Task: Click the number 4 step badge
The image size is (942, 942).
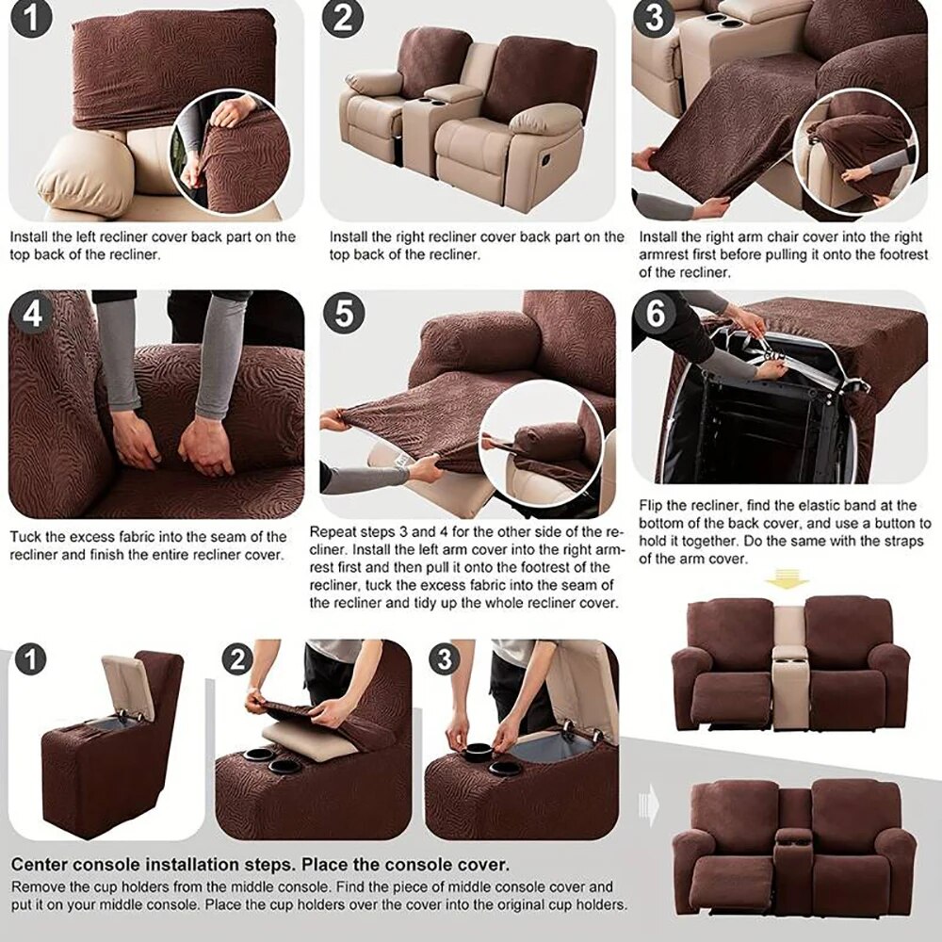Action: pyautogui.click(x=33, y=314)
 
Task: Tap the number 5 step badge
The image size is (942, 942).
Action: pyautogui.click(x=344, y=314)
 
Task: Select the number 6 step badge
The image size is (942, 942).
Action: pyautogui.click(x=656, y=314)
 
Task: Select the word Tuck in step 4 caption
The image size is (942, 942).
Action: pyautogui.click(x=25, y=537)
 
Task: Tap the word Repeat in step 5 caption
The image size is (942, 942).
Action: pyautogui.click(x=333, y=532)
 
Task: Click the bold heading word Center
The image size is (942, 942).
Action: pyautogui.click(x=42, y=864)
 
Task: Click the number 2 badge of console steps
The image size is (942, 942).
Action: pyautogui.click(x=239, y=659)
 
